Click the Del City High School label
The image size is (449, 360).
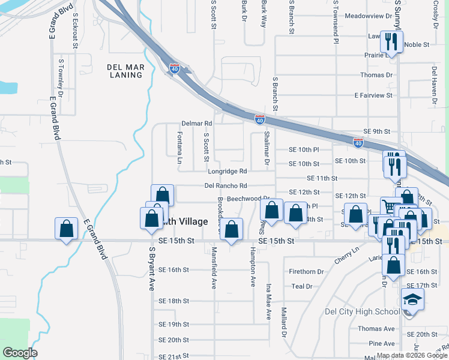point(361,311)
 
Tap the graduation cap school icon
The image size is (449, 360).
point(412,299)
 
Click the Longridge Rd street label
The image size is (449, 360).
point(228,171)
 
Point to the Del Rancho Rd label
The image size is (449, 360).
point(226,186)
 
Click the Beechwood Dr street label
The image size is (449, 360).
point(247,198)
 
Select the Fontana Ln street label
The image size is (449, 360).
point(179,148)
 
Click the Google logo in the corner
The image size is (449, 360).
point(20,352)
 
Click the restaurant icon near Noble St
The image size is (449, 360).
point(391,42)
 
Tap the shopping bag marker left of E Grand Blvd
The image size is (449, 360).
point(66,229)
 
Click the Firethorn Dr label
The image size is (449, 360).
point(306,272)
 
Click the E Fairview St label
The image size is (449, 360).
point(373,95)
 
